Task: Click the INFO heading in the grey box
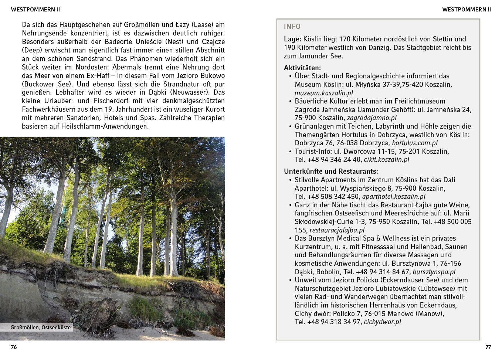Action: pyautogui.click(x=292, y=27)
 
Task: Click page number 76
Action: pyautogui.click(x=14, y=347)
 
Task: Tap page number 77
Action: pyautogui.click(x=488, y=347)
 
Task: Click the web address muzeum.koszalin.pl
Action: pyautogui.click(x=324, y=93)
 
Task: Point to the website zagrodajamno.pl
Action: pyautogui.click(x=372, y=118)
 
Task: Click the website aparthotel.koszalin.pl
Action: pyautogui.click(x=393, y=197)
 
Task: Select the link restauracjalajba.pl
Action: pyautogui.click(x=337, y=230)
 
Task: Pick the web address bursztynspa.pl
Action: pyautogui.click(x=434, y=272)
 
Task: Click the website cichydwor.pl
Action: pyautogui.click(x=382, y=322)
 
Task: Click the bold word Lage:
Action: pyautogui.click(x=293, y=39)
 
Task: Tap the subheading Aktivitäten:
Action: pyautogui.click(x=302, y=68)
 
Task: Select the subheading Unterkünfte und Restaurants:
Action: pyautogui.click(x=331, y=171)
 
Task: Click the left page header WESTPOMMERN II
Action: pyautogui.click(x=35, y=10)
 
